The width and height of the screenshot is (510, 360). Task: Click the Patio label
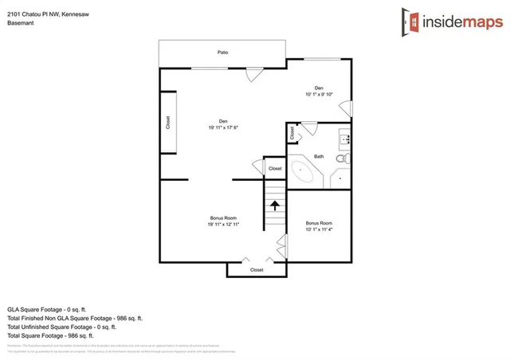223,53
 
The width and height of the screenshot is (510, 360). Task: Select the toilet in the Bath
342,159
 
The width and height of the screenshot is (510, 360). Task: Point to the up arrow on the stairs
275,206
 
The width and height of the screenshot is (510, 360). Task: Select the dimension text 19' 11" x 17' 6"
223,127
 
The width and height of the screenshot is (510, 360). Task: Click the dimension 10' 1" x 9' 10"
319,95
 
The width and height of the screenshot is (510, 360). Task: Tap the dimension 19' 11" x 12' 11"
223,225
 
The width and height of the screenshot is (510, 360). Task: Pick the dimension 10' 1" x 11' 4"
319,230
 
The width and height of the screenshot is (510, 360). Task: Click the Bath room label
319,156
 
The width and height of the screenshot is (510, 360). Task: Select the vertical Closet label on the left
168,123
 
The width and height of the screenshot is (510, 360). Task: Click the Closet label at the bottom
257,270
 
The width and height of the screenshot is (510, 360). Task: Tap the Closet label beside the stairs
275,169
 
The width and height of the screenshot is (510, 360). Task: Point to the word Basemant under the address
22,23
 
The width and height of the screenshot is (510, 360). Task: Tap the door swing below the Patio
252,75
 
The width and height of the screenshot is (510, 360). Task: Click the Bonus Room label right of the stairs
319,223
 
